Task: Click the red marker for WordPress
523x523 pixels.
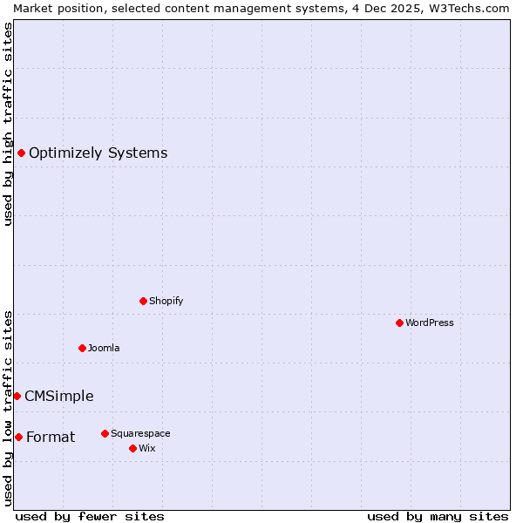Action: pos(399,323)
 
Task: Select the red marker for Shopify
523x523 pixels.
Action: pos(143,301)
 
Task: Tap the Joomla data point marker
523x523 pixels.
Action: pos(82,348)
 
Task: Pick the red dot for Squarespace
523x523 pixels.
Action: pos(105,433)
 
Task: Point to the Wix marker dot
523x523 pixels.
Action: pos(132,448)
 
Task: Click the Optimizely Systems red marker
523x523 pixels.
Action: pos(21,153)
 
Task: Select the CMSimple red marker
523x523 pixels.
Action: pos(17,396)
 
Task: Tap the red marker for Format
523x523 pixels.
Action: pos(18,437)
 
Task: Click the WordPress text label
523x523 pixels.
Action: pos(430,323)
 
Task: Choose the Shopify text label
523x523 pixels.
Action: pos(166,301)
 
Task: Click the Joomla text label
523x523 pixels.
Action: pos(104,348)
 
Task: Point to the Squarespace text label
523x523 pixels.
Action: pos(140,433)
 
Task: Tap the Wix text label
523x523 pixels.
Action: pos(147,448)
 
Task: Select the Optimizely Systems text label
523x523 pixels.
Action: pos(98,153)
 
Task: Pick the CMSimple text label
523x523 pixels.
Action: pos(58,396)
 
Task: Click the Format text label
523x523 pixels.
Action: pos(51,437)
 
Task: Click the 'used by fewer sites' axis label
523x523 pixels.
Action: pos(90,516)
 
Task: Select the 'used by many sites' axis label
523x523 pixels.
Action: pos(438,516)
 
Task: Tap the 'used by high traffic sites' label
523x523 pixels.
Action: pos(8,124)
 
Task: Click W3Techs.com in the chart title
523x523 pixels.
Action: pos(466,8)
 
